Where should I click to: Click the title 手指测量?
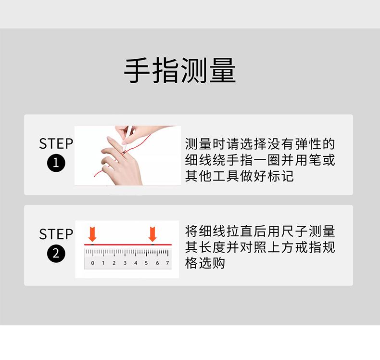click(x=179, y=71)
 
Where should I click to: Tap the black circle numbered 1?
click(x=56, y=163)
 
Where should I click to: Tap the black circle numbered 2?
click(x=56, y=254)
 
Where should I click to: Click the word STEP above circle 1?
click(x=56, y=144)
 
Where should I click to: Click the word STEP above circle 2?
click(x=56, y=234)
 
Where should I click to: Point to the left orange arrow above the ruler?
click(x=92, y=234)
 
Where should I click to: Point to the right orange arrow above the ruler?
click(x=152, y=234)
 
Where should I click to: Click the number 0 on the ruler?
click(x=92, y=263)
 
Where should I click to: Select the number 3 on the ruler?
click(x=125, y=263)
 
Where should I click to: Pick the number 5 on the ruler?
click(x=146, y=263)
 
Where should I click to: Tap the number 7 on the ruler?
click(x=167, y=263)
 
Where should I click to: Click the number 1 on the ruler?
click(x=103, y=263)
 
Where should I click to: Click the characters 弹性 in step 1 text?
click(x=308, y=144)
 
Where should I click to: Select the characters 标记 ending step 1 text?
click(x=280, y=176)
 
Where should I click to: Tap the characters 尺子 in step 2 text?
click(x=294, y=231)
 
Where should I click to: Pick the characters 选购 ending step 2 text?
click(x=212, y=263)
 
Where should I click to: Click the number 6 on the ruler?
click(x=157, y=263)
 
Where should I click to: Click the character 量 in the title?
click(x=223, y=71)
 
